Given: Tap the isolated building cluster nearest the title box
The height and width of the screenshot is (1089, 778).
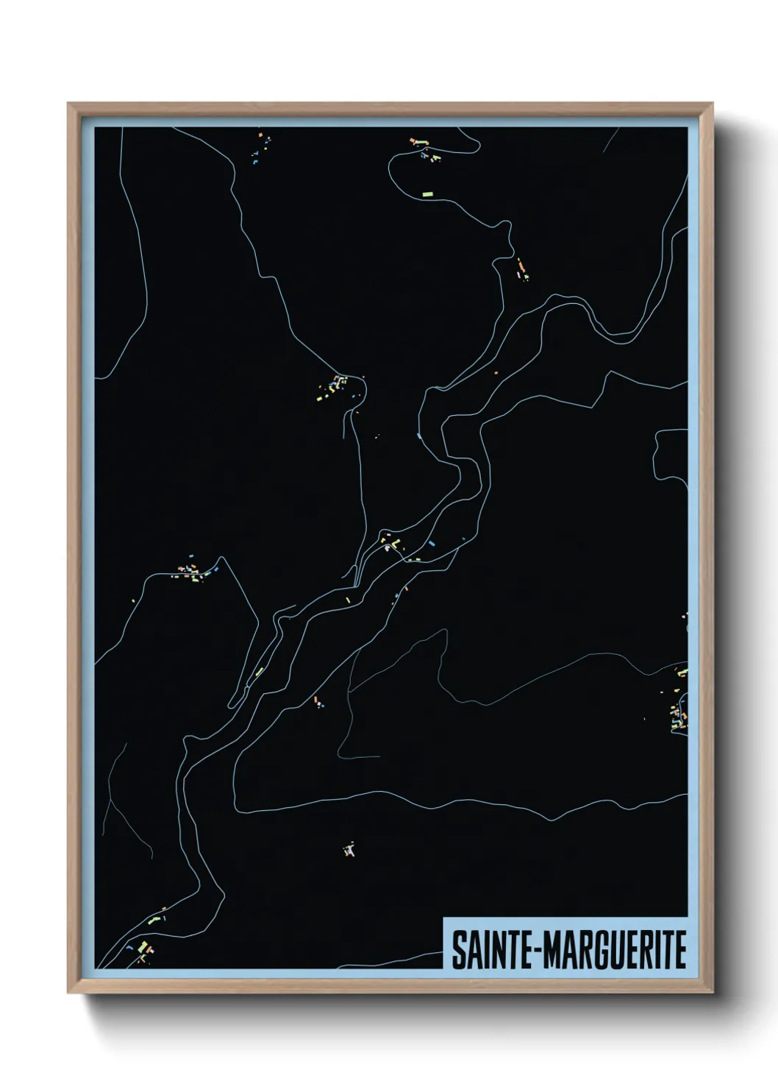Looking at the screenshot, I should pos(350,850).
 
